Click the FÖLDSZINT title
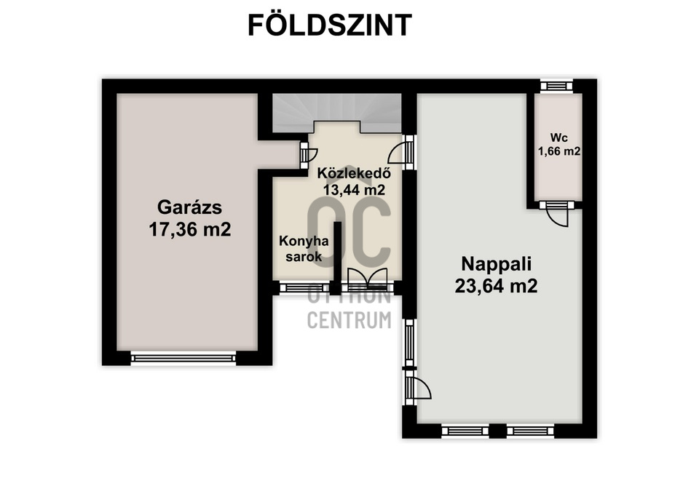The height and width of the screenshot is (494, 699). (330, 25)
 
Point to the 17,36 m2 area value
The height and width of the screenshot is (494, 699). (189, 230)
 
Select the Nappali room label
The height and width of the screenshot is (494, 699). (496, 262)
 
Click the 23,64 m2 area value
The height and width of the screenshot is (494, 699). (496, 286)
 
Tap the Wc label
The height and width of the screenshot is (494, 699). (558, 137)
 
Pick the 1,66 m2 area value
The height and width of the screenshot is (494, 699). (558, 151)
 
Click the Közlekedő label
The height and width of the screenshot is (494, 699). (355, 174)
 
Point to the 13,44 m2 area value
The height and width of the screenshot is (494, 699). (354, 189)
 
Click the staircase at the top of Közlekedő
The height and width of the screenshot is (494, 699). (336, 113)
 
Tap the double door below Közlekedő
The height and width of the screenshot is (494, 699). (368, 279)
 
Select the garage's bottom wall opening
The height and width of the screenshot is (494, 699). (183, 357)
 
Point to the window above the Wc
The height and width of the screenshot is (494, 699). (556, 86)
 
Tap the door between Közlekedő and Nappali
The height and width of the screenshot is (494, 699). (403, 152)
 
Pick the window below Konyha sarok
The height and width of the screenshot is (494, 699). (304, 287)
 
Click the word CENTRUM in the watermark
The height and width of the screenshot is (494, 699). (349, 320)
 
